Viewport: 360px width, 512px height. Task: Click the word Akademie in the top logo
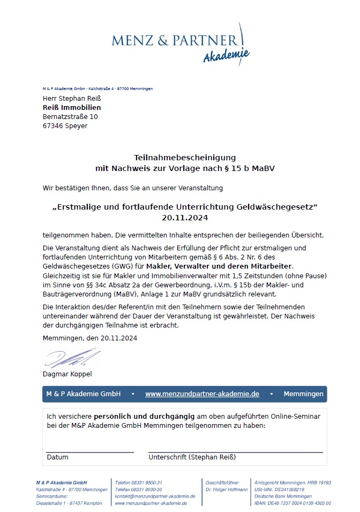(226, 55)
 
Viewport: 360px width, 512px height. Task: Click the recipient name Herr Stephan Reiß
(72, 99)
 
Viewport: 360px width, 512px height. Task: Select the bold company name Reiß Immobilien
(72, 108)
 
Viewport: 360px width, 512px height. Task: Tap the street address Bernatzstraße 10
(70, 117)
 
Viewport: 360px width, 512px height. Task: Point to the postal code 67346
(53, 126)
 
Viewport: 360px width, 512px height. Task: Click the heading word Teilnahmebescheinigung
(185, 158)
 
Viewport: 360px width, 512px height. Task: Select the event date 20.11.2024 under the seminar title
(185, 218)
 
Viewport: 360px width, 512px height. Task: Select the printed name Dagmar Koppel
(67, 374)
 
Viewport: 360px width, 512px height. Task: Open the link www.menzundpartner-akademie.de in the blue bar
(202, 394)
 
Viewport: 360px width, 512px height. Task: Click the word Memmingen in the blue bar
(303, 394)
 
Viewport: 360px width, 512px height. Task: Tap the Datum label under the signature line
(57, 457)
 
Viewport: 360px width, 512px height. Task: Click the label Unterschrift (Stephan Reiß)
(192, 457)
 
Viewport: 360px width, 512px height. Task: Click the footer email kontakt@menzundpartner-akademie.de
(155, 496)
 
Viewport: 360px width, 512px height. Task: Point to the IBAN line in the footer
(292, 503)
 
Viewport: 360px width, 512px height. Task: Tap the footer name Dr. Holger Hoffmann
(227, 489)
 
